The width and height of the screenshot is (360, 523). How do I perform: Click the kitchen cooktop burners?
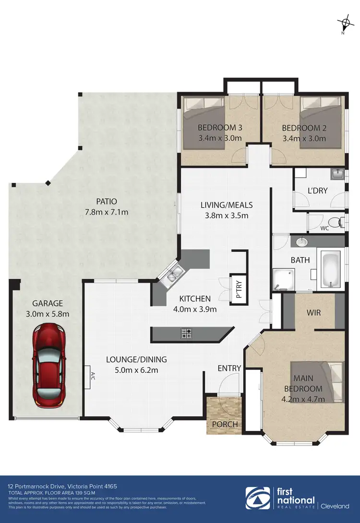(x=186, y=333)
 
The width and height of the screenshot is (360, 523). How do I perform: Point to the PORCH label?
(x=224, y=424)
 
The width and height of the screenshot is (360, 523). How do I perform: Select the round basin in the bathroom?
(x=302, y=242)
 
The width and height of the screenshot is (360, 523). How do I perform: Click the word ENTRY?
(x=229, y=368)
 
